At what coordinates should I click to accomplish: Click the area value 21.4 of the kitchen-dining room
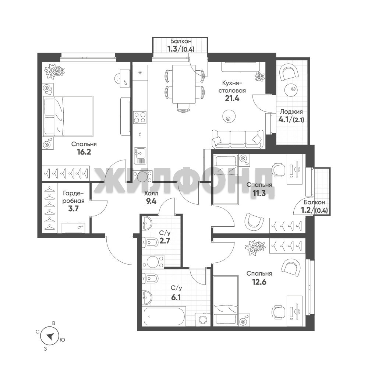click(x=232, y=99)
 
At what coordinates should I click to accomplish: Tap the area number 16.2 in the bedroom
click(x=84, y=152)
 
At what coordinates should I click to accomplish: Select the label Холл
click(x=151, y=194)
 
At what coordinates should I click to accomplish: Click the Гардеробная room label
click(x=74, y=197)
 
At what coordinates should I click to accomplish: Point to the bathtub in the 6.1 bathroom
click(x=164, y=316)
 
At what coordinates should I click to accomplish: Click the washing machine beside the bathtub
click(x=203, y=319)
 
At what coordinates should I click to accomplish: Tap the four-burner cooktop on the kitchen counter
click(x=140, y=118)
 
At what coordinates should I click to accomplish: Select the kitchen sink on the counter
click(x=140, y=156)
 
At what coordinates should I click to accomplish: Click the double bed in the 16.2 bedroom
click(x=68, y=116)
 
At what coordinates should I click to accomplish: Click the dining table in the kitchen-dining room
click(x=184, y=84)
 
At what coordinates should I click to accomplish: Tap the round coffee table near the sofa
click(x=229, y=116)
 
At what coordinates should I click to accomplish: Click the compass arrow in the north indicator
click(x=50, y=337)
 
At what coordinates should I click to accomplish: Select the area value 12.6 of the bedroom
click(x=259, y=282)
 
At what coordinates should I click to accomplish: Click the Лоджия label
click(x=291, y=112)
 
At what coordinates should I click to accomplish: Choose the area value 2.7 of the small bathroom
click(x=165, y=241)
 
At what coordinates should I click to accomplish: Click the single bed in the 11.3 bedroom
click(x=226, y=179)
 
